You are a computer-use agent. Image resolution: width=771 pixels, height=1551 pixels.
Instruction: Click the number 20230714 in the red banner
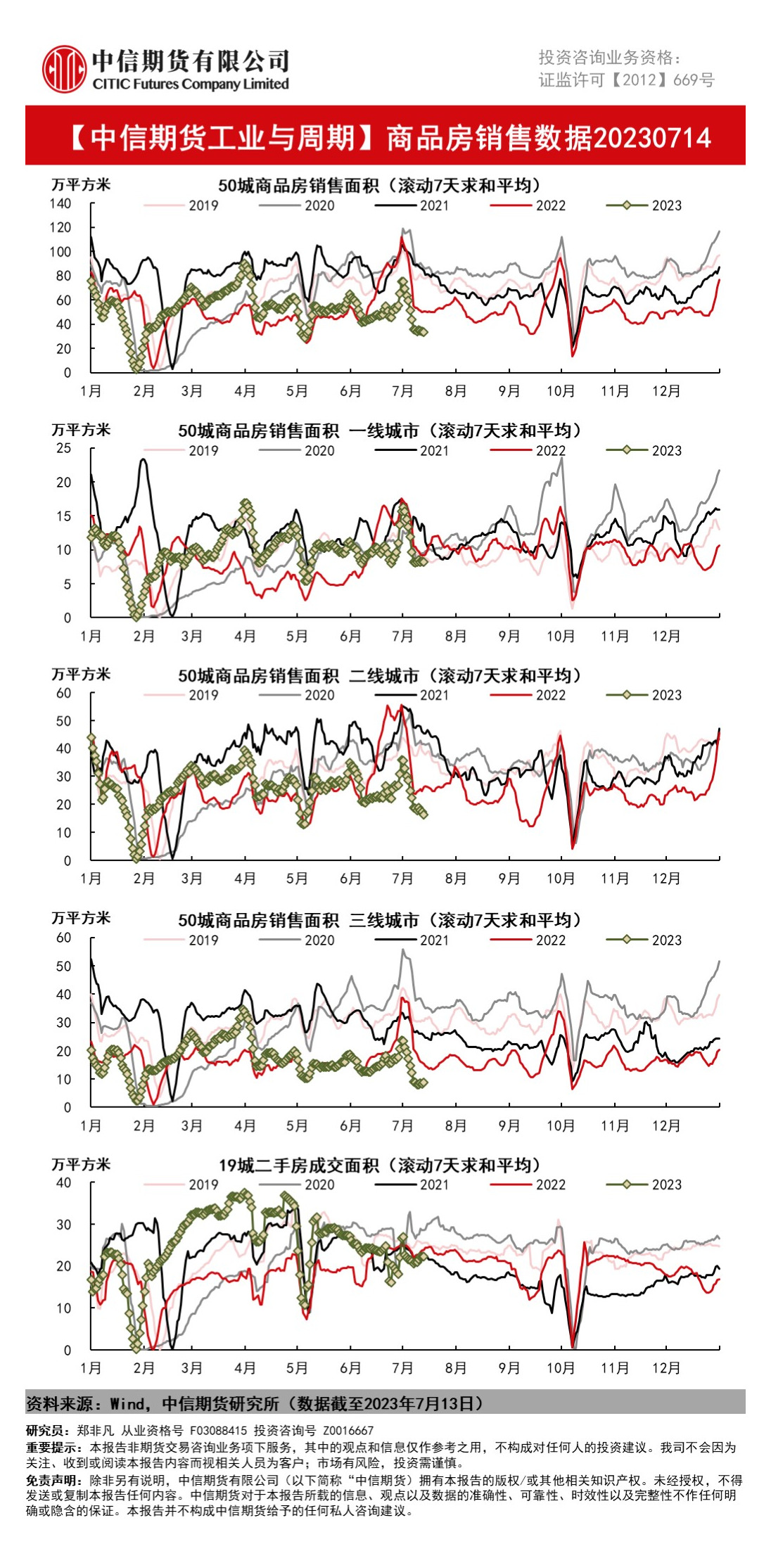tap(652, 138)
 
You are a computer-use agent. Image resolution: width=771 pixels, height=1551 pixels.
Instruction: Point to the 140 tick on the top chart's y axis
tap(60, 203)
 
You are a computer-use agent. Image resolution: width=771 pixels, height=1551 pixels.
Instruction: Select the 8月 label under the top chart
tap(456, 391)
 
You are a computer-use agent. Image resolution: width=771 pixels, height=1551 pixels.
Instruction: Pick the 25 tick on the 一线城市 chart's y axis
tap(63, 448)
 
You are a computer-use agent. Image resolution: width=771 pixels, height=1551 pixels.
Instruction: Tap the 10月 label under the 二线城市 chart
tap(561, 879)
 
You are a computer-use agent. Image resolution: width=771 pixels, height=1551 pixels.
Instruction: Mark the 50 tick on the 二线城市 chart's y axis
tap(63, 721)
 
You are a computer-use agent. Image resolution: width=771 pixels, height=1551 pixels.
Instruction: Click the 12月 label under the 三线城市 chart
tap(666, 1125)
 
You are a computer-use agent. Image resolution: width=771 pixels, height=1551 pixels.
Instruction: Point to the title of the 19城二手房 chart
tap(379, 1166)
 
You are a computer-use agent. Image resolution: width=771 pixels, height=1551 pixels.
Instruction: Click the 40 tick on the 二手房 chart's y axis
tap(63, 1182)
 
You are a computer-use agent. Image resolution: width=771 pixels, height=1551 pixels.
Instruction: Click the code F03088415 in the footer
tap(218, 1431)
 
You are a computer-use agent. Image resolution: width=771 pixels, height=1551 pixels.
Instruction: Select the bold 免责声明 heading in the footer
tap(46, 1480)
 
